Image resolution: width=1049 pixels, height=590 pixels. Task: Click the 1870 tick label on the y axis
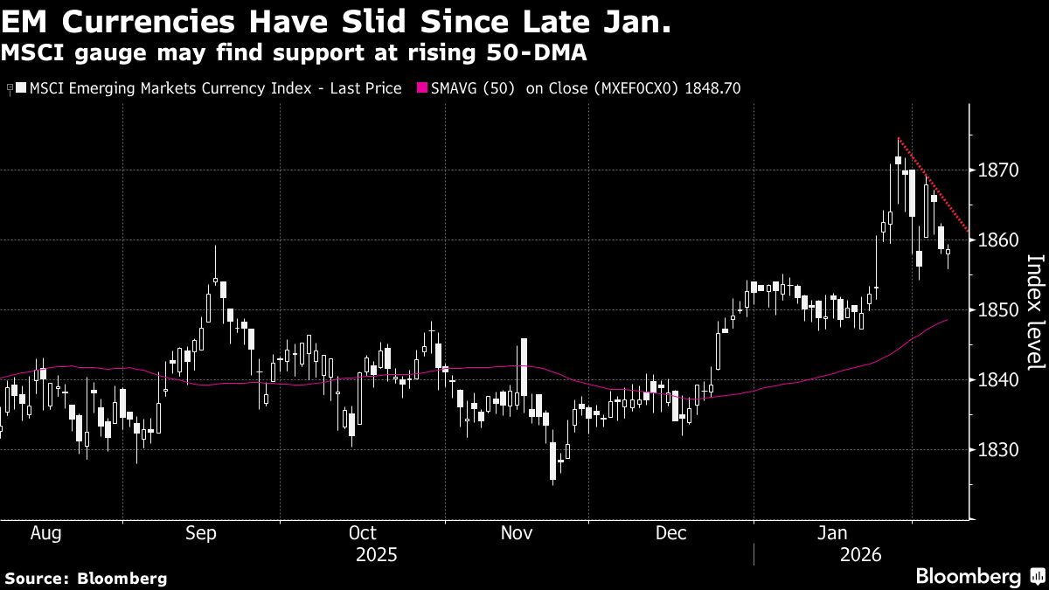point(997,170)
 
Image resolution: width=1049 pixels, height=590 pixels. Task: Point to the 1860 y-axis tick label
point(997,239)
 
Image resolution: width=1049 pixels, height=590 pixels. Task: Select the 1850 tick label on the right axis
point(997,309)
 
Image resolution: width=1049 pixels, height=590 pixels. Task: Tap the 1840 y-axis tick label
point(997,379)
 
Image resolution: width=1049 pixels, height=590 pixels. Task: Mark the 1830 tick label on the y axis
point(997,449)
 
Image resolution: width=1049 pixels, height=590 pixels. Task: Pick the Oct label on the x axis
point(362,532)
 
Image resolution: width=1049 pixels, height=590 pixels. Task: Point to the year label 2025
point(377,555)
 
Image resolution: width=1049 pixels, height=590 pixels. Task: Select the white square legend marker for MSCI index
point(22,88)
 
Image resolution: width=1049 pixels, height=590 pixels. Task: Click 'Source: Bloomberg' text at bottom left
point(86,578)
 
